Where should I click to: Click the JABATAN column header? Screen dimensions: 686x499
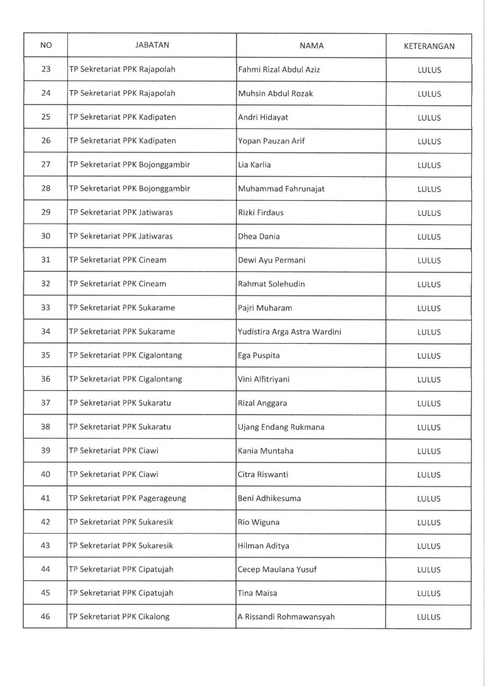[152, 45]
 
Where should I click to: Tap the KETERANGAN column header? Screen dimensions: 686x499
[429, 46]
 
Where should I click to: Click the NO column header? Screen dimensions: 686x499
[45, 45]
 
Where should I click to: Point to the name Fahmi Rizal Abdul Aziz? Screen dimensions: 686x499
[279, 70]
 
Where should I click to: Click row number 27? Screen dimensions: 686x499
[45, 165]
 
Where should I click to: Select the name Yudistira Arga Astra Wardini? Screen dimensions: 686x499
[289, 332]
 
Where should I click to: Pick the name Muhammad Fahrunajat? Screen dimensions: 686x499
[281, 189]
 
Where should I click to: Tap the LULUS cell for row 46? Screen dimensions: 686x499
[429, 617]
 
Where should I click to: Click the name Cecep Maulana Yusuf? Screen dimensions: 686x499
[277, 570]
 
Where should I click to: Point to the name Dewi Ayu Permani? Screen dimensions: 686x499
[270, 260]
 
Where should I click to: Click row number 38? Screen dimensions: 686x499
[45, 427]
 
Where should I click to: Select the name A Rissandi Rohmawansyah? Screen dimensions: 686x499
[286, 617]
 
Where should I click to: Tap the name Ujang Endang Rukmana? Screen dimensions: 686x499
[281, 427]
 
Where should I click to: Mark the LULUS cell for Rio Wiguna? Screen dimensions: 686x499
[429, 522]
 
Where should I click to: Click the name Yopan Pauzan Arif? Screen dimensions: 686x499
[271, 141]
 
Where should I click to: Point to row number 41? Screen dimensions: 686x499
[45, 498]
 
